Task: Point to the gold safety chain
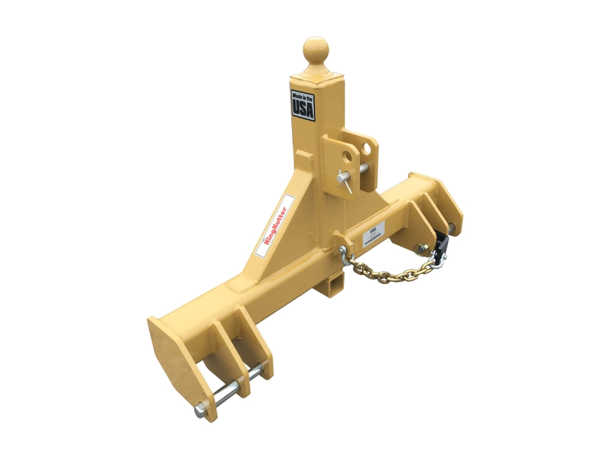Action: coord(392,273)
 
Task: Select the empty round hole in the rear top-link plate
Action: coord(367,149)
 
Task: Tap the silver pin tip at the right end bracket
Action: coord(452,228)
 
